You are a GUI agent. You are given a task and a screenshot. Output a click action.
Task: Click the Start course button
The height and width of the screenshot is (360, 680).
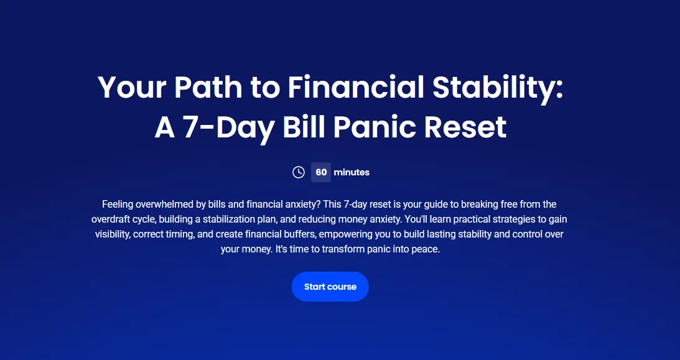point(330,287)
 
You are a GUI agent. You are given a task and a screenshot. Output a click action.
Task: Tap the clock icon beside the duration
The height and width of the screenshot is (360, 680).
point(299,172)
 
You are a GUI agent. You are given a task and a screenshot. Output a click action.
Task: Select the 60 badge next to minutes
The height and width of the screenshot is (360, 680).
point(321,172)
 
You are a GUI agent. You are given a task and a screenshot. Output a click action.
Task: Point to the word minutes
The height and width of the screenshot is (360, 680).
point(352,172)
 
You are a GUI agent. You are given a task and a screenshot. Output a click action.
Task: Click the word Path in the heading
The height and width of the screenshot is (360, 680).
point(208,87)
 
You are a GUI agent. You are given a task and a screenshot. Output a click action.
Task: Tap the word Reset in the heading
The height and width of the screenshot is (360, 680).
point(465,127)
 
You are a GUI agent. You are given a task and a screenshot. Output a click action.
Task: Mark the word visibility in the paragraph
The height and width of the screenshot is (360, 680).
point(113,234)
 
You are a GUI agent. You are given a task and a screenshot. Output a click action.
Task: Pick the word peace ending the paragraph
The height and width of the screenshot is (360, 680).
point(427,249)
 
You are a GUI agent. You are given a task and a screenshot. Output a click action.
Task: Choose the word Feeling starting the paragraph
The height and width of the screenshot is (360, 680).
point(118,205)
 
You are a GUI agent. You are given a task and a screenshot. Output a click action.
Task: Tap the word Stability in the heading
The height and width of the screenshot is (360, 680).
point(498,88)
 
